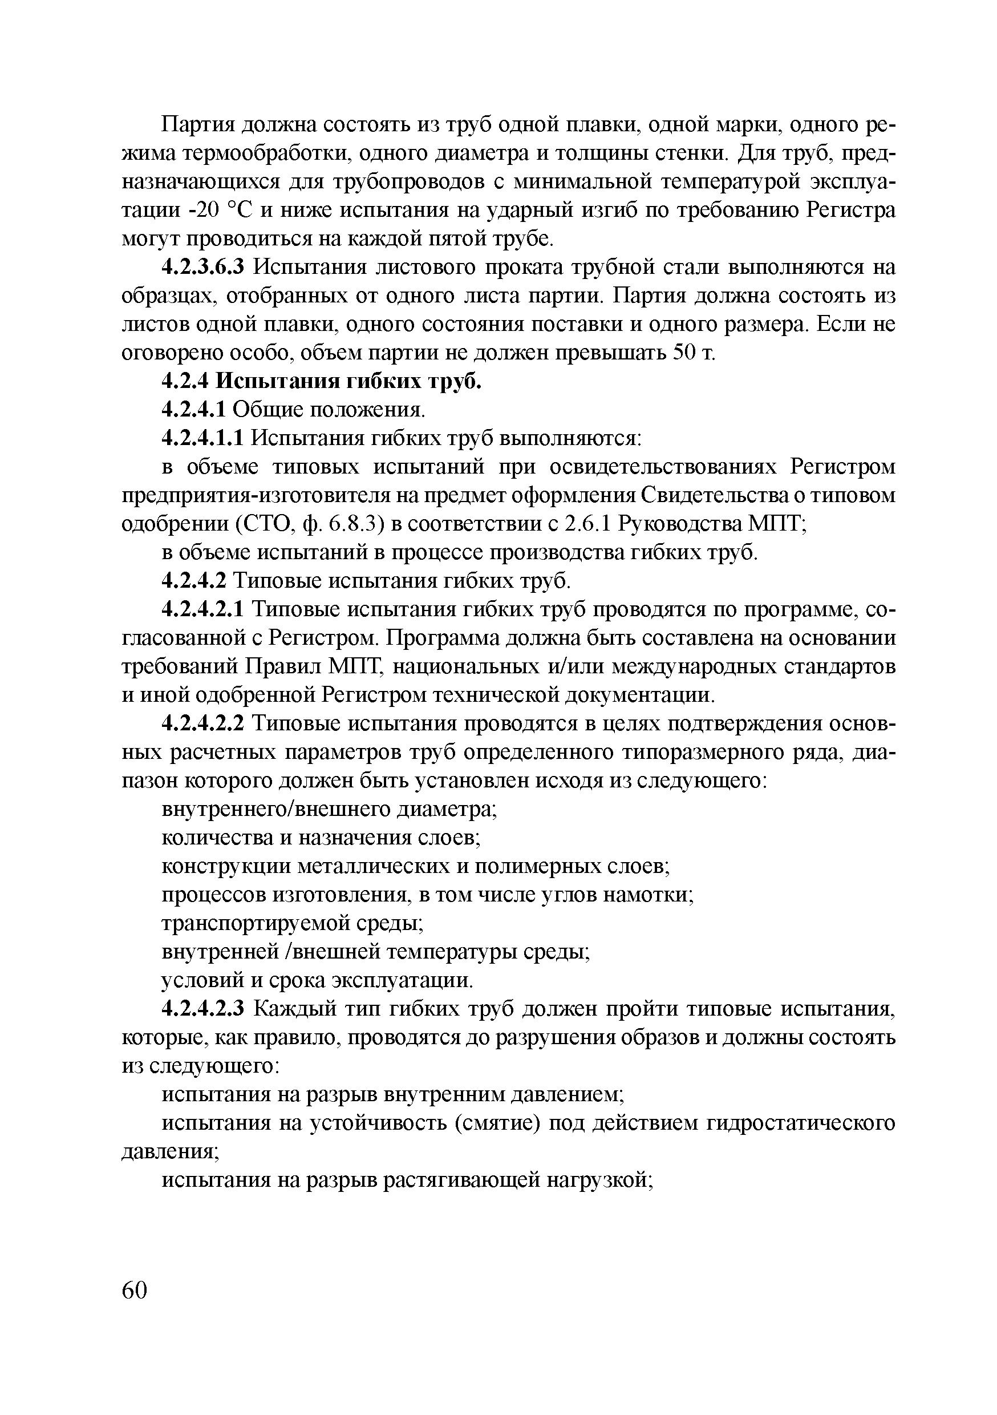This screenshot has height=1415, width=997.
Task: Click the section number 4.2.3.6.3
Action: point(204,268)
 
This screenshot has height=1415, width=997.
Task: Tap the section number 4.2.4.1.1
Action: point(204,438)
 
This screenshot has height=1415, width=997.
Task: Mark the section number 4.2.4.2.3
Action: point(204,1009)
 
